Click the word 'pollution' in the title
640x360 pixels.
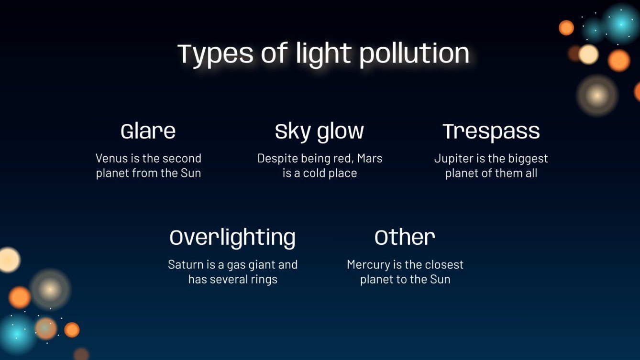[x=414, y=54]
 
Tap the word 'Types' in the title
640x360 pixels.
[x=216, y=54]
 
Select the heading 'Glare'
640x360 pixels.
[x=148, y=131]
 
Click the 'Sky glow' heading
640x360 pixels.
[x=320, y=131]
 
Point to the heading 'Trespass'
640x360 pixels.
[x=491, y=131]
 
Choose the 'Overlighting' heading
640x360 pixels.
[x=232, y=238]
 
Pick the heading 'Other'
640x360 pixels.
[x=405, y=238]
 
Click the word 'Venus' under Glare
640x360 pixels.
[x=110, y=158]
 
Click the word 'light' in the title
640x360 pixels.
[x=325, y=54]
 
